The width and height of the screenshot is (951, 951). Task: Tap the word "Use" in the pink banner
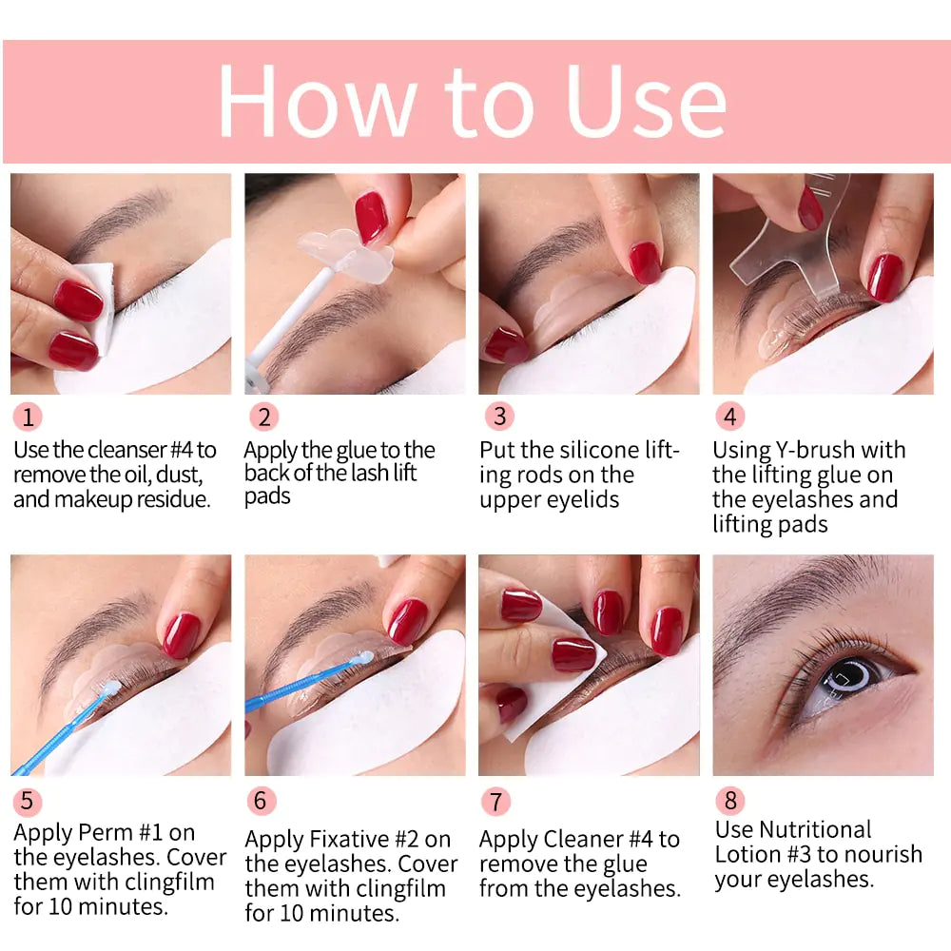[x=646, y=102]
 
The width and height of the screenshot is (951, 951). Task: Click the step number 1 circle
[x=29, y=417]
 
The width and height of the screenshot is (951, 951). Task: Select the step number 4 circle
[x=730, y=417]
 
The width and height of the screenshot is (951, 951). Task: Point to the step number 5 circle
[x=28, y=801]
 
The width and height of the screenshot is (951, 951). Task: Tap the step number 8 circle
[x=730, y=800]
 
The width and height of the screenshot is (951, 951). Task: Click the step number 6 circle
[x=262, y=801]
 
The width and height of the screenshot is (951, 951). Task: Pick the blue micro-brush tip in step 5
[x=110, y=688]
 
